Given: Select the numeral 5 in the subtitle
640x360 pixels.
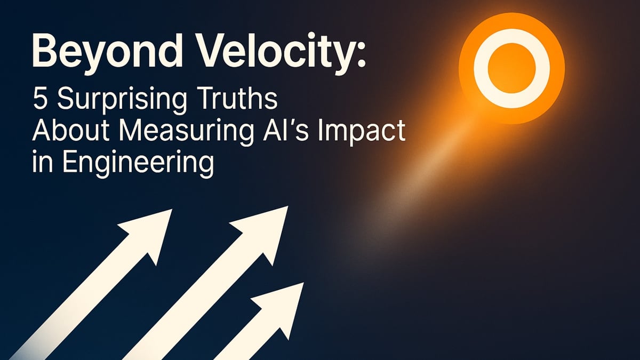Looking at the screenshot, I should click(x=40, y=100).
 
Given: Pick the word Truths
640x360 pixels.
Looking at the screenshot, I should click(x=231, y=100).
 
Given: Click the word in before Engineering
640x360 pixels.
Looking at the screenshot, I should click(x=40, y=161).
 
